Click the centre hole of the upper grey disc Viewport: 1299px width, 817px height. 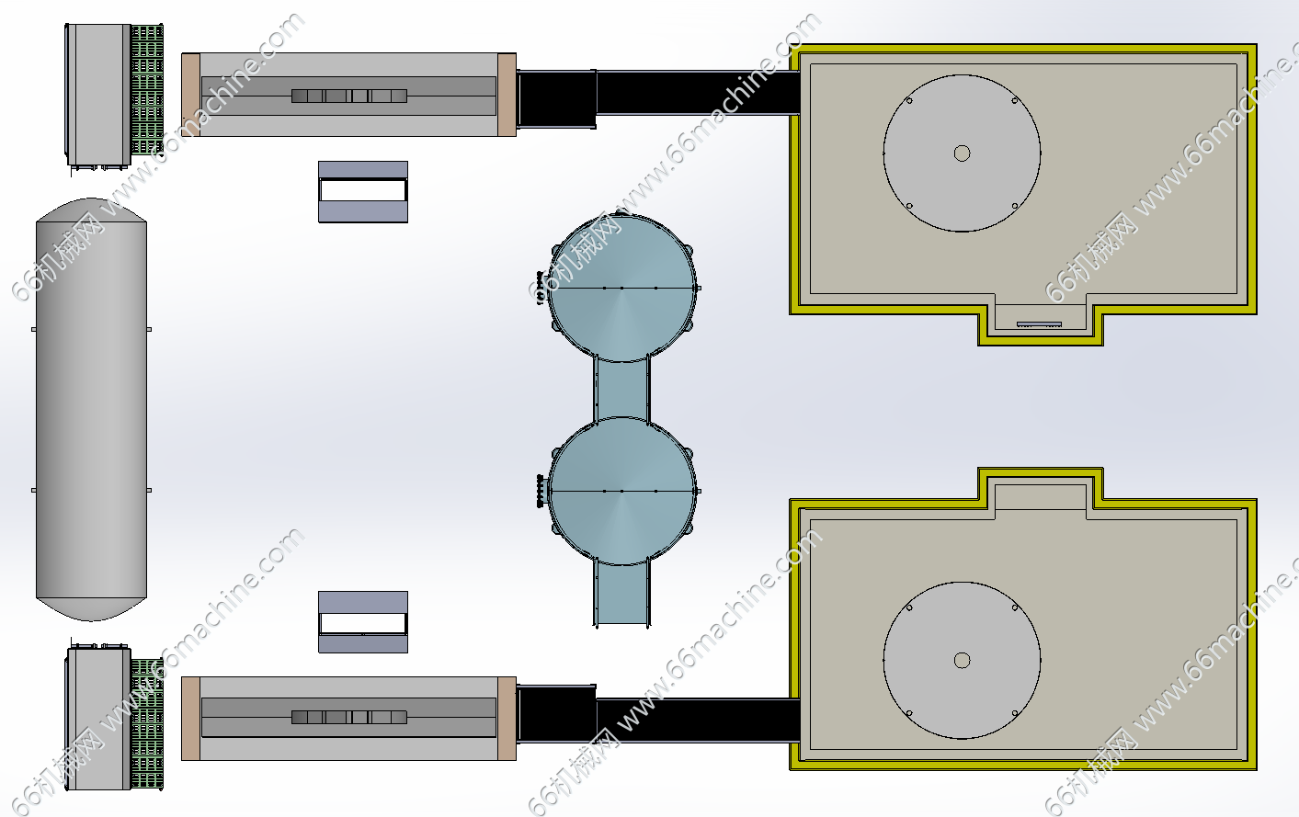(x=963, y=153)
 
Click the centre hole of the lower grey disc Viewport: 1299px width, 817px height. (x=963, y=660)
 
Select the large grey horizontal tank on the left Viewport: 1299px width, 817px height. (x=91, y=409)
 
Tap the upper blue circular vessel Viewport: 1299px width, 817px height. (x=621, y=288)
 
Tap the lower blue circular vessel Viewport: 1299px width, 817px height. (x=621, y=491)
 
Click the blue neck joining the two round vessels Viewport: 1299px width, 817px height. (x=621, y=389)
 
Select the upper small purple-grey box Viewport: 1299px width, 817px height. (x=363, y=192)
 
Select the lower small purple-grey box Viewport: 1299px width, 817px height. (x=363, y=622)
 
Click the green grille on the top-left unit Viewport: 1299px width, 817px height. (x=147, y=89)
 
